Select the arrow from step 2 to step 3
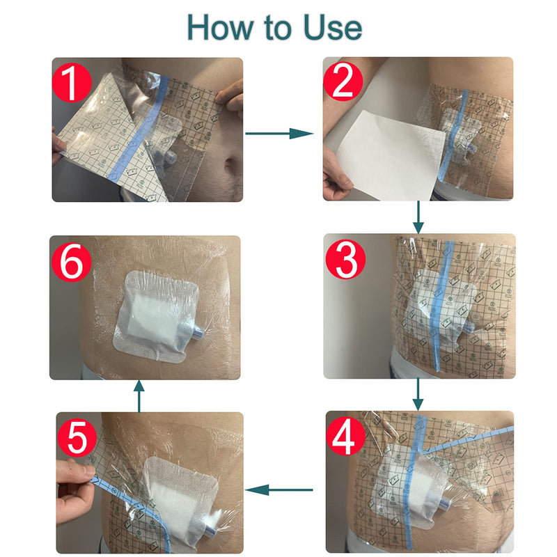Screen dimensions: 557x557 (x=418, y=217)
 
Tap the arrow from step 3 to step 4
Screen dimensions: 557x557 (x=418, y=394)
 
